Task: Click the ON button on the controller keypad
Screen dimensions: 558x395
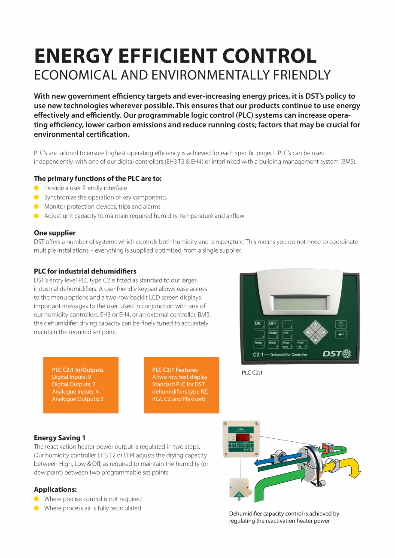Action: click(259, 325)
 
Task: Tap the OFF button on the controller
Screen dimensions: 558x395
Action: click(273, 325)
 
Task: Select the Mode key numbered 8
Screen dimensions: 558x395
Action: click(273, 344)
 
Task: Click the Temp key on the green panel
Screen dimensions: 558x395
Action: click(259, 344)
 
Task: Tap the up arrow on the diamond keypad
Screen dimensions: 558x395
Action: click(316, 324)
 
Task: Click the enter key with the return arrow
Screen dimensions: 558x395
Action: click(341, 334)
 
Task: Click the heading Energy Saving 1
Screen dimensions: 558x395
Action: click(59, 438)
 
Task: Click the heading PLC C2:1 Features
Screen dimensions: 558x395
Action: click(175, 370)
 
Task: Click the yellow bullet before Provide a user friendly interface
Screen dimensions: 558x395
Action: click(36, 188)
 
